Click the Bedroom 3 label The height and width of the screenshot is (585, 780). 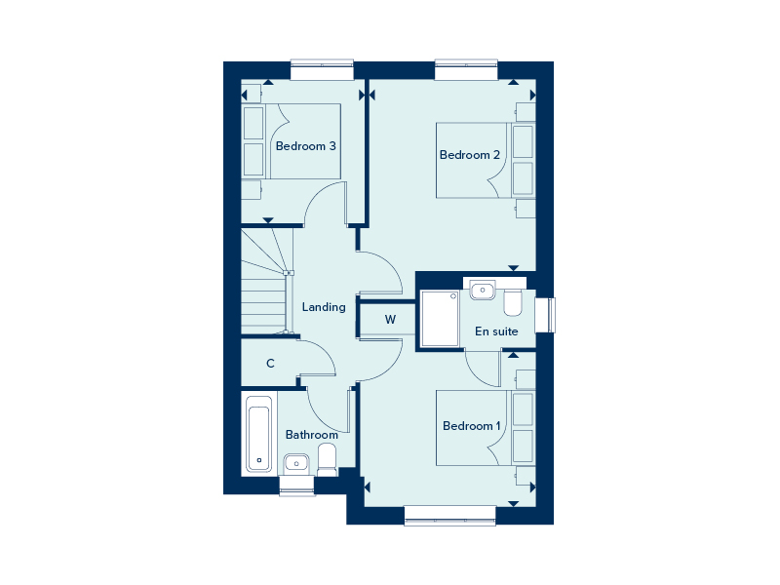[305, 146]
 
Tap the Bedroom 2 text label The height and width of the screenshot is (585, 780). [470, 155]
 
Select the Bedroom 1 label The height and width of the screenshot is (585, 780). [472, 426]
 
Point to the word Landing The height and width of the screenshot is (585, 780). [324, 307]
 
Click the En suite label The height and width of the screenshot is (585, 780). [496, 331]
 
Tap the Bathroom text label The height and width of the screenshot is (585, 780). [312, 435]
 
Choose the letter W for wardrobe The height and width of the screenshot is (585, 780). [390, 320]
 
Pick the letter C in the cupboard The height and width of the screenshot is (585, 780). [270, 364]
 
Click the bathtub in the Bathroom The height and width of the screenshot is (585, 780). [258, 434]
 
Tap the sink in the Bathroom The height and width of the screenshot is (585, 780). [296, 464]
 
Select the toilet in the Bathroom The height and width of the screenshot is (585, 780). [328, 459]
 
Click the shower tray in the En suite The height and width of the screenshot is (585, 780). [440, 319]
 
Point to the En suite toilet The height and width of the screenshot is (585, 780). [513, 303]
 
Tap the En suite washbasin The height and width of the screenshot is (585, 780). [483, 290]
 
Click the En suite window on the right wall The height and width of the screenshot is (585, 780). [546, 315]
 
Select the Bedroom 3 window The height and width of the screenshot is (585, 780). [322, 69]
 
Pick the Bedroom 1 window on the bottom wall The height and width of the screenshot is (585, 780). [449, 516]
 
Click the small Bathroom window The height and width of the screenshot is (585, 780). [297, 486]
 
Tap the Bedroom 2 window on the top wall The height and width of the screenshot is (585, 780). [466, 69]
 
